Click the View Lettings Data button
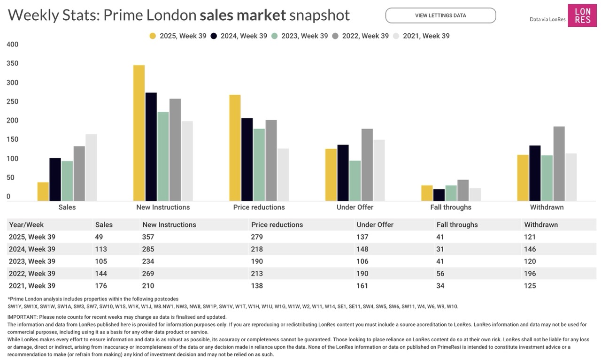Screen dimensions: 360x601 440,15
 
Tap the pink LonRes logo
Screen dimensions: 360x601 582,15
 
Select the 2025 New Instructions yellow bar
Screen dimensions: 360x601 139,133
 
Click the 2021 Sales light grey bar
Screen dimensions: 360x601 91,168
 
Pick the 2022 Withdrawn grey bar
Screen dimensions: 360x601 559,164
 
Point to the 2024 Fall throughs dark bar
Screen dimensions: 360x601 439,195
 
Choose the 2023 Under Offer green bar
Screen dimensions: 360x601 355,181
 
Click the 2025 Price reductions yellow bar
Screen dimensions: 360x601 235,148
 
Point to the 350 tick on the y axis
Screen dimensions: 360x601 13,63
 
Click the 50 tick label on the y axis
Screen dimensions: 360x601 10,177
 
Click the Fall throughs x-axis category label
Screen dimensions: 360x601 451,207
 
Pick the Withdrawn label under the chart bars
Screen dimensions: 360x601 547,207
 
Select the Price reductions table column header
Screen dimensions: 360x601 277,225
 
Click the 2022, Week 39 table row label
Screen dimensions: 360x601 32,274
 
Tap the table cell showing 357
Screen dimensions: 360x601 148,237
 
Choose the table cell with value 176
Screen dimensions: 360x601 101,286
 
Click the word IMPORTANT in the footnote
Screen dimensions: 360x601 22,317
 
